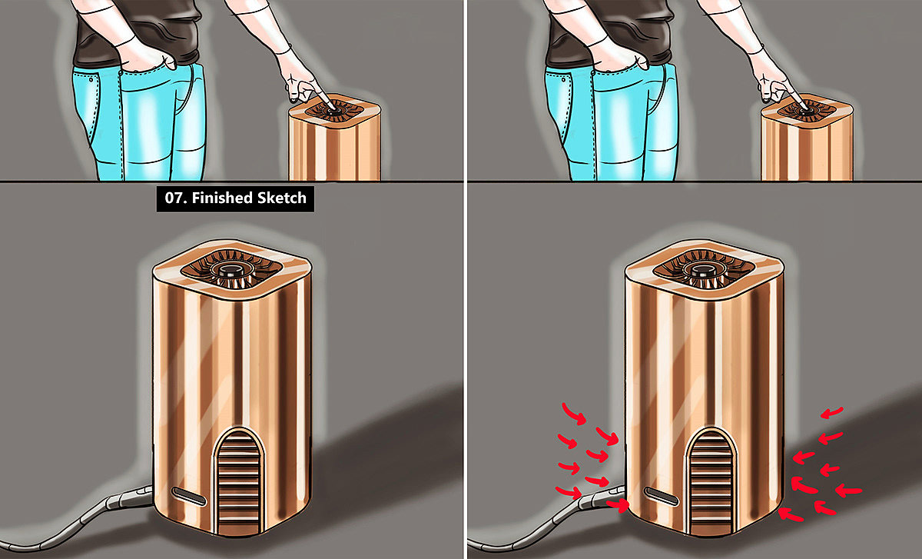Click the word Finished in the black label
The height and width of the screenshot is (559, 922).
(x=221, y=198)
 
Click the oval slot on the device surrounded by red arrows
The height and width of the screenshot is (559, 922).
(x=661, y=497)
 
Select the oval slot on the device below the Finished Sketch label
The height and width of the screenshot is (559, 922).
(x=189, y=497)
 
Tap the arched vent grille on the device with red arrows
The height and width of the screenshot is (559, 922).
(x=711, y=482)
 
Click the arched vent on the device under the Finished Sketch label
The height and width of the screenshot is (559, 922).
(x=239, y=482)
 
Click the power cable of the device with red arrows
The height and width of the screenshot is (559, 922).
(x=547, y=522)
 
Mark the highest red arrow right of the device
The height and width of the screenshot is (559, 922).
(x=832, y=413)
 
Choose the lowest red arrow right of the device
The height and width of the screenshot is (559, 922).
(x=791, y=515)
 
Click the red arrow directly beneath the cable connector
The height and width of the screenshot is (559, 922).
(x=619, y=505)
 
